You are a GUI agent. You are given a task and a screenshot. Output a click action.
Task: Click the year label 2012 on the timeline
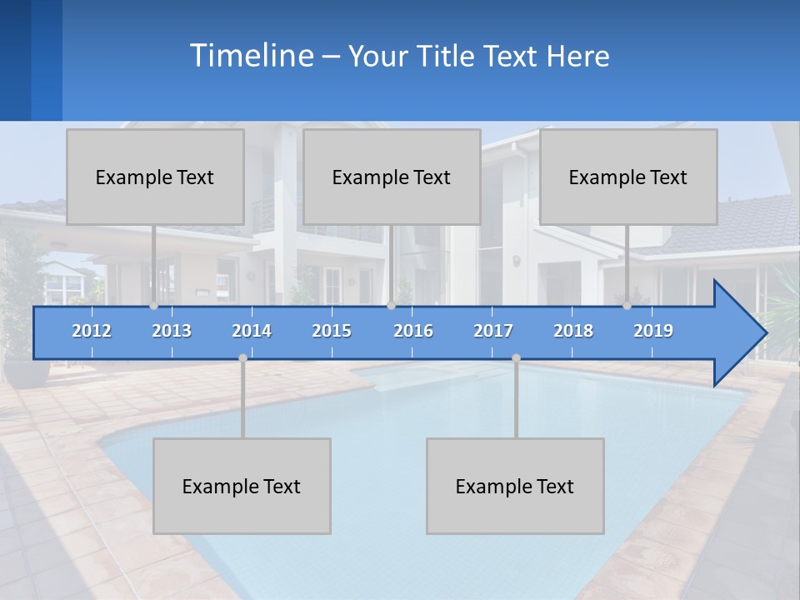click(92, 331)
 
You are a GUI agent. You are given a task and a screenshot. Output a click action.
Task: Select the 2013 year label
click(172, 331)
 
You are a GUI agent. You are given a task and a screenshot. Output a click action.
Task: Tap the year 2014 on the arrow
click(252, 331)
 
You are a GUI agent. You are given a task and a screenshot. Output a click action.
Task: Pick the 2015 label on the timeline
click(332, 331)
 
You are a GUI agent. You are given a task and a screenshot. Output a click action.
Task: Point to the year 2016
click(413, 331)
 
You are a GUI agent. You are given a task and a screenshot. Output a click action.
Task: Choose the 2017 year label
click(493, 331)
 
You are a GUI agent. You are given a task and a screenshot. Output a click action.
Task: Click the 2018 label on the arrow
click(573, 331)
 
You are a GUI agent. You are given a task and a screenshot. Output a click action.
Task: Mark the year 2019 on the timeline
click(653, 331)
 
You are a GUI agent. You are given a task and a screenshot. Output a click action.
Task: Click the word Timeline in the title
click(251, 56)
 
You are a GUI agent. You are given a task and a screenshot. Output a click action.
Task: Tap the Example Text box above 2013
click(155, 177)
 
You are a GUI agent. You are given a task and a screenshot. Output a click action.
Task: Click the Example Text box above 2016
click(392, 177)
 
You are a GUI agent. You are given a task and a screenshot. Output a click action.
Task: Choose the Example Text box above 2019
click(628, 177)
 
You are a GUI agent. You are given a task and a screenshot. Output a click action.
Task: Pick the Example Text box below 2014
click(242, 486)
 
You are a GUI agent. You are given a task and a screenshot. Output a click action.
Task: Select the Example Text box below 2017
click(515, 486)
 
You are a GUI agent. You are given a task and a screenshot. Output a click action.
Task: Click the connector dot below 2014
click(242, 357)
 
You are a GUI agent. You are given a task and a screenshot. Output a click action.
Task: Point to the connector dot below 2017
click(516, 357)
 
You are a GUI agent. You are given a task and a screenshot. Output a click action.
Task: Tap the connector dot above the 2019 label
click(627, 306)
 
